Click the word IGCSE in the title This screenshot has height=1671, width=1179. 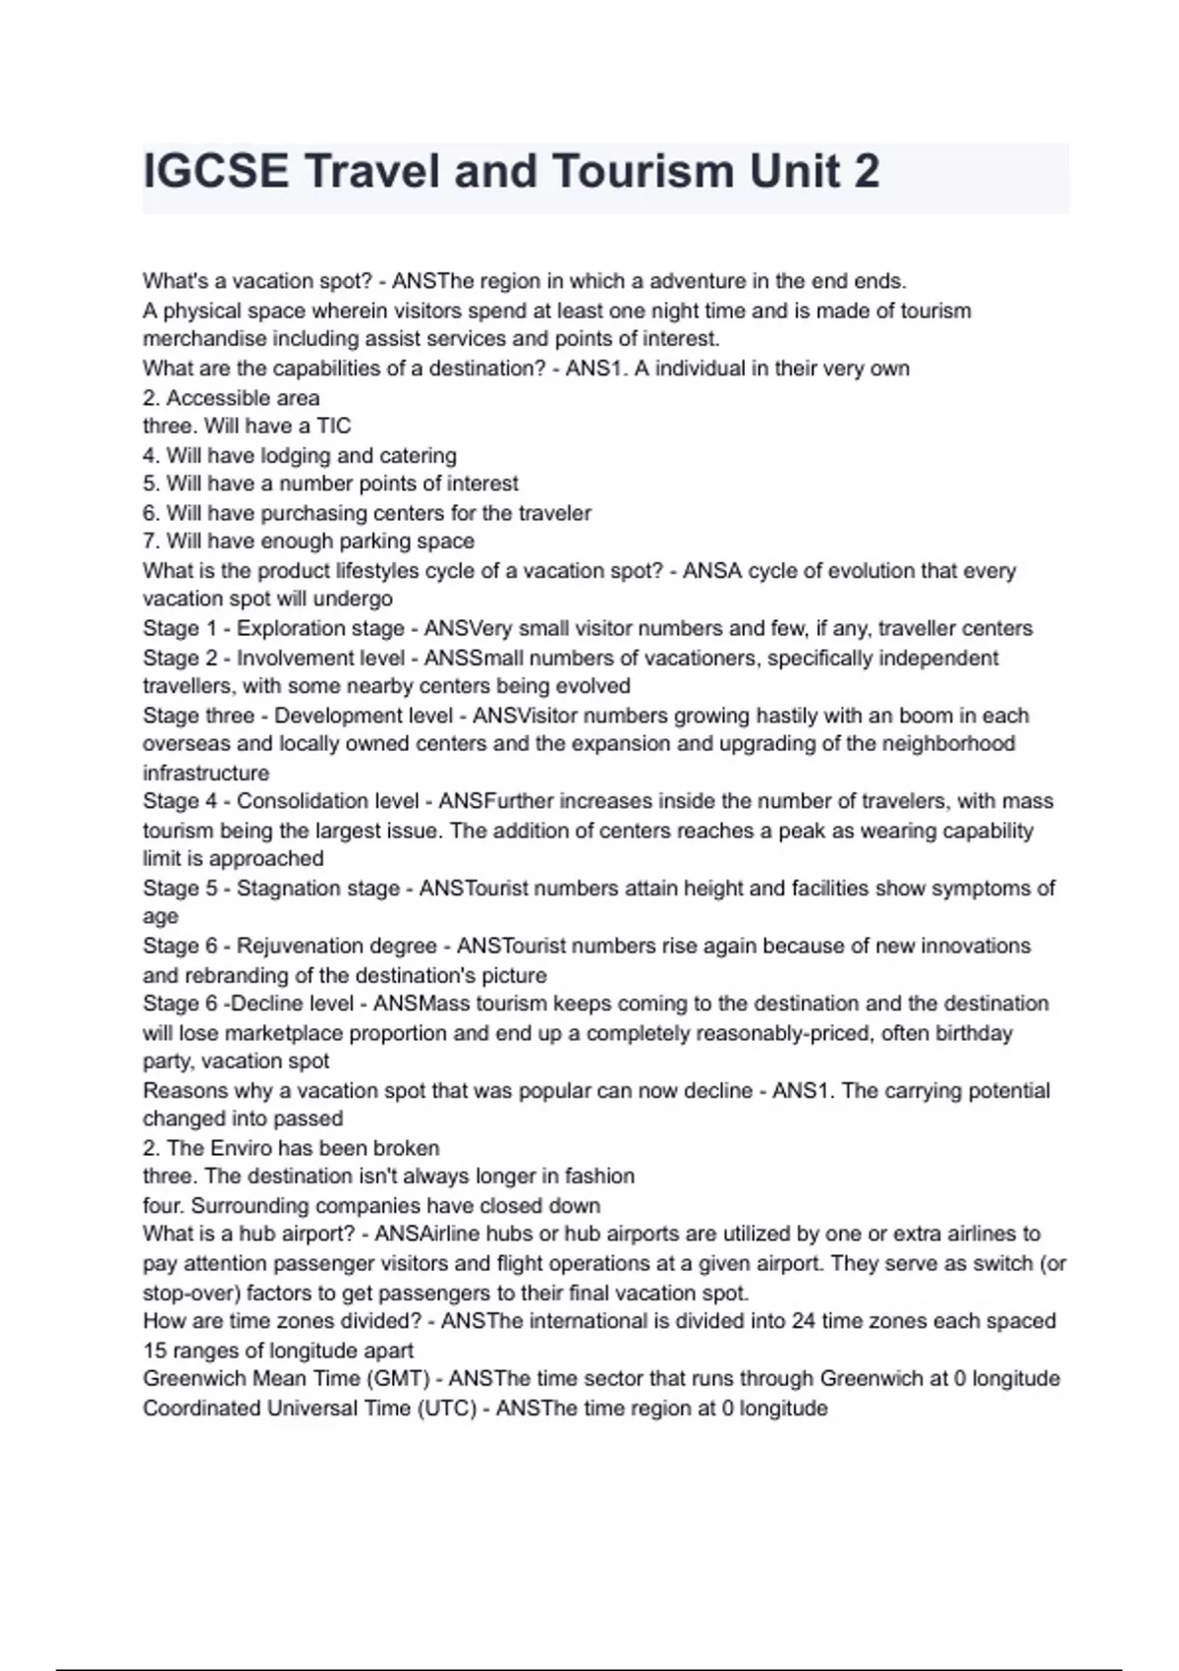pyautogui.click(x=216, y=171)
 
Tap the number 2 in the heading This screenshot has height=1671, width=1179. pyautogui.click(x=867, y=171)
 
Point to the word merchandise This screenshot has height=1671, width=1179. pyautogui.click(x=198, y=339)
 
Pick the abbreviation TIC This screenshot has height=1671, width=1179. pyautogui.click(x=333, y=427)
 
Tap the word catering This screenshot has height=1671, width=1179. pyautogui.click(x=418, y=456)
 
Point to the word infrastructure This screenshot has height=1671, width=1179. pyautogui.click(x=205, y=774)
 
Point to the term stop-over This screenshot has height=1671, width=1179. pyautogui.click(x=191, y=1294)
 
